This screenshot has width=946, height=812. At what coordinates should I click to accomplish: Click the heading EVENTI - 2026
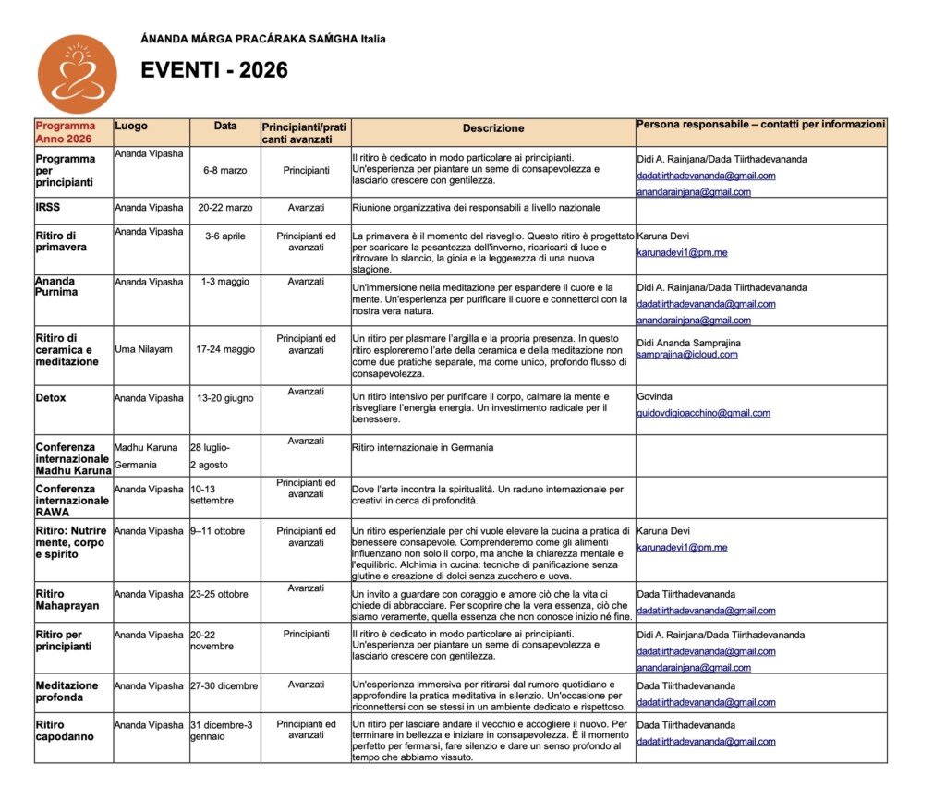214,70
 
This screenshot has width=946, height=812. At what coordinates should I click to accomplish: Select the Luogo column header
131,126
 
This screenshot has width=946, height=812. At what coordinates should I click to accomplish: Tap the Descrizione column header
493,128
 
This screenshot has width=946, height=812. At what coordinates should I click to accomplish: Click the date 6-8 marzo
225,170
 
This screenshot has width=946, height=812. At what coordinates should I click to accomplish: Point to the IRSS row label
48,208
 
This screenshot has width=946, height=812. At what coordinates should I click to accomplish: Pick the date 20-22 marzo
224,208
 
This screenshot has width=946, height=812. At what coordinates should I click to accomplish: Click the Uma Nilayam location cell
143,349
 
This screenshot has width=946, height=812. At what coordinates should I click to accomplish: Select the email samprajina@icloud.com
687,355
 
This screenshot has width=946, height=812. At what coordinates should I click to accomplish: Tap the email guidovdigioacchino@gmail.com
703,413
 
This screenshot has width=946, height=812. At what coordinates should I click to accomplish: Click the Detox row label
51,398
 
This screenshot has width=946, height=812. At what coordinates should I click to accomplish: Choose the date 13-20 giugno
224,398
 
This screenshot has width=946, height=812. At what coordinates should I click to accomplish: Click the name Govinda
655,396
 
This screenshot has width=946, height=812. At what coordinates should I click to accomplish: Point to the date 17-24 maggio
225,349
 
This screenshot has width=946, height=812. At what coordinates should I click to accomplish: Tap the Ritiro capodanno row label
66,731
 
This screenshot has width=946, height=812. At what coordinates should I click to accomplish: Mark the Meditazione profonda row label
67,691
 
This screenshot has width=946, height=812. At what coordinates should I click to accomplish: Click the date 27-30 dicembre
224,685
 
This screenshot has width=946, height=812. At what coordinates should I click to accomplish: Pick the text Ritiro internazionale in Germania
422,447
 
